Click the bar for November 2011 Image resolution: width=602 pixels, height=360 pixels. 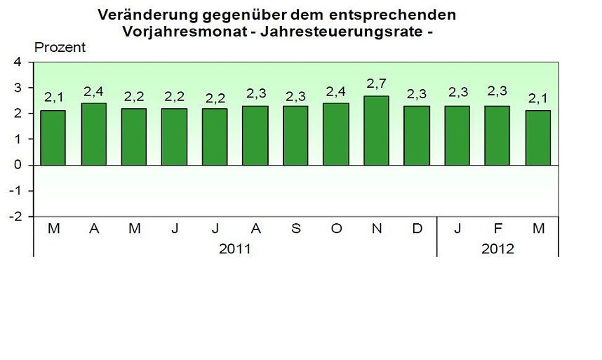pyautogui.click(x=376, y=131)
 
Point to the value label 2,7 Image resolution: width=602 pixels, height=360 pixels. pyautogui.click(x=376, y=84)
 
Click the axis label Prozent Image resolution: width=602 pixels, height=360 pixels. pyautogui.click(x=60, y=48)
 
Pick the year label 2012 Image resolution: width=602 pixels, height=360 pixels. pyautogui.click(x=497, y=249)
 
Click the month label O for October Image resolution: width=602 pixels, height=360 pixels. pyautogui.click(x=336, y=229)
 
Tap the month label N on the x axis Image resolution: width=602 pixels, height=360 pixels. pyautogui.click(x=376, y=229)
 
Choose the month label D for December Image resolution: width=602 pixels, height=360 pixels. pyautogui.click(x=417, y=229)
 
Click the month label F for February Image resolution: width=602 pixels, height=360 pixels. pyautogui.click(x=497, y=229)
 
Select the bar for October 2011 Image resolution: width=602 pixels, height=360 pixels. pyautogui.click(x=336, y=134)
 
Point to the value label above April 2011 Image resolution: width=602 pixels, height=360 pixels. pyautogui.click(x=93, y=91)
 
